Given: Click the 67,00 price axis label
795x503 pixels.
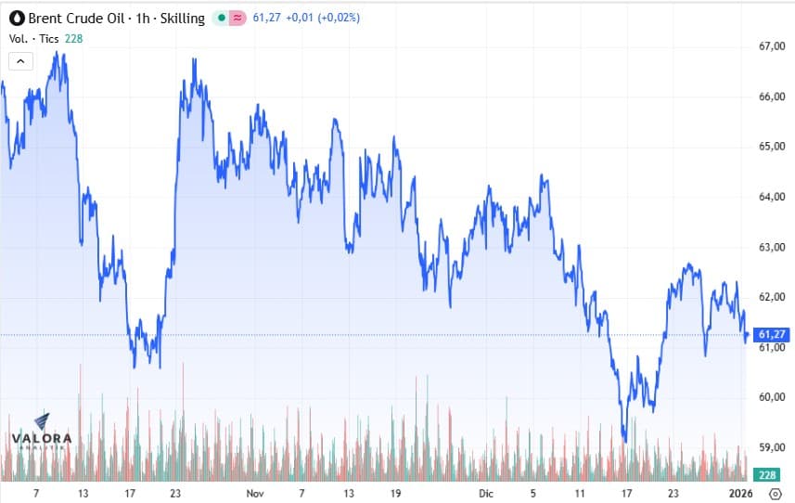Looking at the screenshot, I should point(772,46).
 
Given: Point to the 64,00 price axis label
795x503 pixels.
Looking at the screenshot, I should point(772,197).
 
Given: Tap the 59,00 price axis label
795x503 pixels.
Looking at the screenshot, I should point(772,447).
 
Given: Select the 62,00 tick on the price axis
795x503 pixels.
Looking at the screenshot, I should point(772,297).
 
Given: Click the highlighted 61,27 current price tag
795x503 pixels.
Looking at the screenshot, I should point(772,334).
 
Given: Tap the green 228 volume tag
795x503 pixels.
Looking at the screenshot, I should point(768,475).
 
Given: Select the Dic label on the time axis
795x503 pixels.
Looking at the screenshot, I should point(487,493).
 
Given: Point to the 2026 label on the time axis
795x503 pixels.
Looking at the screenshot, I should point(738,493).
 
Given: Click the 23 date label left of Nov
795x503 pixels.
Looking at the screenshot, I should point(175,493).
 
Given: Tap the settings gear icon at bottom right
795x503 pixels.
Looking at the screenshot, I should point(776,493).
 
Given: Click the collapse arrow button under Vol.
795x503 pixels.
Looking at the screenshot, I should point(21,61).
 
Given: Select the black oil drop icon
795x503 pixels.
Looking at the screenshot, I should point(17,19).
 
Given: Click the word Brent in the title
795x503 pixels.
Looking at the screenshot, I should point(46,19).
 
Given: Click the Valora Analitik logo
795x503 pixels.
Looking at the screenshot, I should point(40,432).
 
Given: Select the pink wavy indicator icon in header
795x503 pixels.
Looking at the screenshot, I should point(237,19).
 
